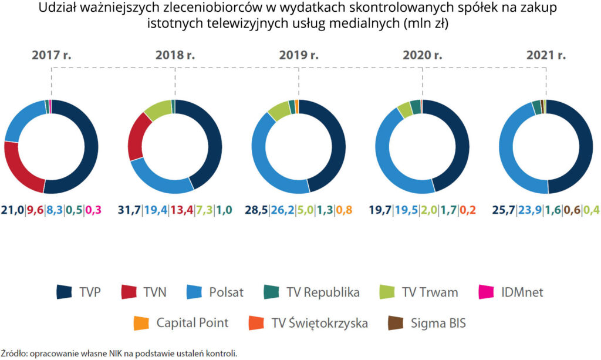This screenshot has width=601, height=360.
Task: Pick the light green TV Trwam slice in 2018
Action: (156, 109)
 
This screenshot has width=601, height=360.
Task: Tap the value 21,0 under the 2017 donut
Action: (12, 210)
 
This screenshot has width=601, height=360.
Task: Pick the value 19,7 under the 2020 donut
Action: (381, 210)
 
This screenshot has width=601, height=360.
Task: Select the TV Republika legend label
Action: (323, 292)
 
